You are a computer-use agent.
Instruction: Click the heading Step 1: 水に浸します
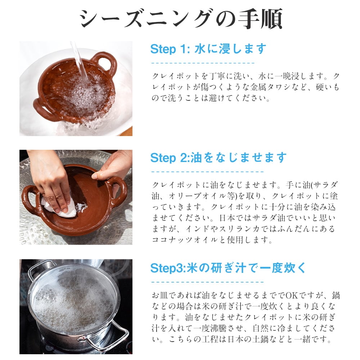click(x=208, y=49)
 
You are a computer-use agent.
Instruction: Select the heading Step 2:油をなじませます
click(x=219, y=158)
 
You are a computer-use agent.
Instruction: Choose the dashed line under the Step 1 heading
click(x=203, y=63)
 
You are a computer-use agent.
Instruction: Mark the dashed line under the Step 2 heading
click(x=207, y=171)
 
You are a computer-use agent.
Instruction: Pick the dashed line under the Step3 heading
click(x=207, y=282)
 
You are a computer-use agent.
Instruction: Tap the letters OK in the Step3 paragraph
click(x=292, y=295)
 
